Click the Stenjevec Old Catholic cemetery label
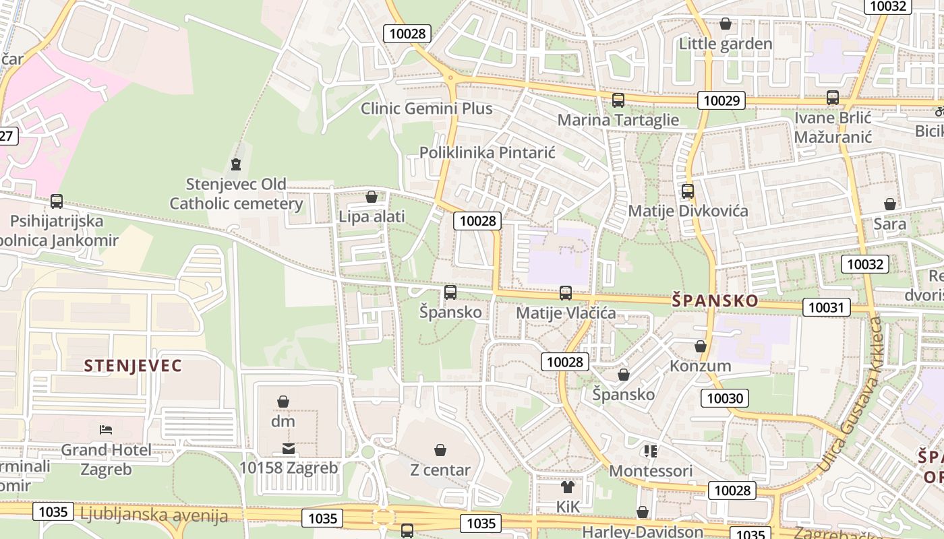click(235, 194)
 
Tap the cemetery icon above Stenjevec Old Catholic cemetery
click(235, 164)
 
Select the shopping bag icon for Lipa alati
click(371, 197)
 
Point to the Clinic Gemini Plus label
click(426, 108)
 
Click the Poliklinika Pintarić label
click(487, 152)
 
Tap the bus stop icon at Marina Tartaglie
click(618, 100)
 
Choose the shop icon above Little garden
click(726, 24)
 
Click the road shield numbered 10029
click(721, 101)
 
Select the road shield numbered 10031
click(826, 308)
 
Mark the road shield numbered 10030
click(725, 398)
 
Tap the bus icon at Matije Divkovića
click(688, 191)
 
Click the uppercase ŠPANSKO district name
click(715, 300)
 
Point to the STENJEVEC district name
click(133, 366)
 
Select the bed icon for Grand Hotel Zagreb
click(106, 429)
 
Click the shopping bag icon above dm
click(283, 402)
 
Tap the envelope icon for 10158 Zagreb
click(289, 449)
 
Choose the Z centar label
click(440, 470)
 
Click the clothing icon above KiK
click(567, 486)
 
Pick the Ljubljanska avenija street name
click(154, 515)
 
